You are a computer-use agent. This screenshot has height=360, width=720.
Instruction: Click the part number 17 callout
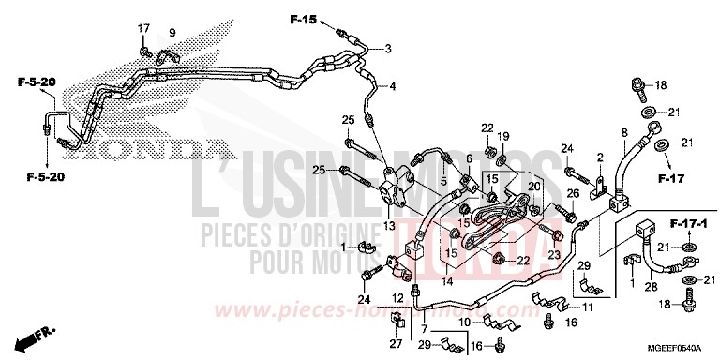tap(144, 26)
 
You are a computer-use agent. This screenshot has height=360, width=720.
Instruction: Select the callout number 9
tap(172, 34)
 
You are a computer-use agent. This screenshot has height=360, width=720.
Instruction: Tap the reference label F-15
tap(305, 19)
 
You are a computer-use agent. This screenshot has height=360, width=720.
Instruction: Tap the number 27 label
tap(395, 344)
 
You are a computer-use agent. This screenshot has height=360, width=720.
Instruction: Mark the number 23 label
tap(554, 253)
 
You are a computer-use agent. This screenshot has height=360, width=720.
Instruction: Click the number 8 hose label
tap(623, 135)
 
